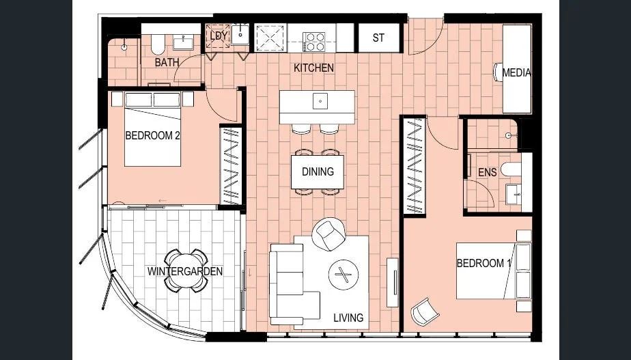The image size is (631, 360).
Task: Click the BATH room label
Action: coord(167,62)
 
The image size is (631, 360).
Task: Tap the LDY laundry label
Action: coord(219,36)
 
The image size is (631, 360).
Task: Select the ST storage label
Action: coord(378,38)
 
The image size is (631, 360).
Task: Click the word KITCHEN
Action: coord(313,68)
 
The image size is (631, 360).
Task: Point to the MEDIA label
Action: coord(516,72)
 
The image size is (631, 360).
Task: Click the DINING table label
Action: coord(318,171)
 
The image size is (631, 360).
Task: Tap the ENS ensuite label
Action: coord(487,173)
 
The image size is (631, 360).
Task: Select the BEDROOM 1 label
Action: coord(483,264)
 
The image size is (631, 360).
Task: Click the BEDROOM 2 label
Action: coord(152,135)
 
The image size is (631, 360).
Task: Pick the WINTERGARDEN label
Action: coord(185,271)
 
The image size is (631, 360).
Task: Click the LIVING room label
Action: coord(348,318)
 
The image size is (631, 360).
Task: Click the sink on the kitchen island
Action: coord(318,101)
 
